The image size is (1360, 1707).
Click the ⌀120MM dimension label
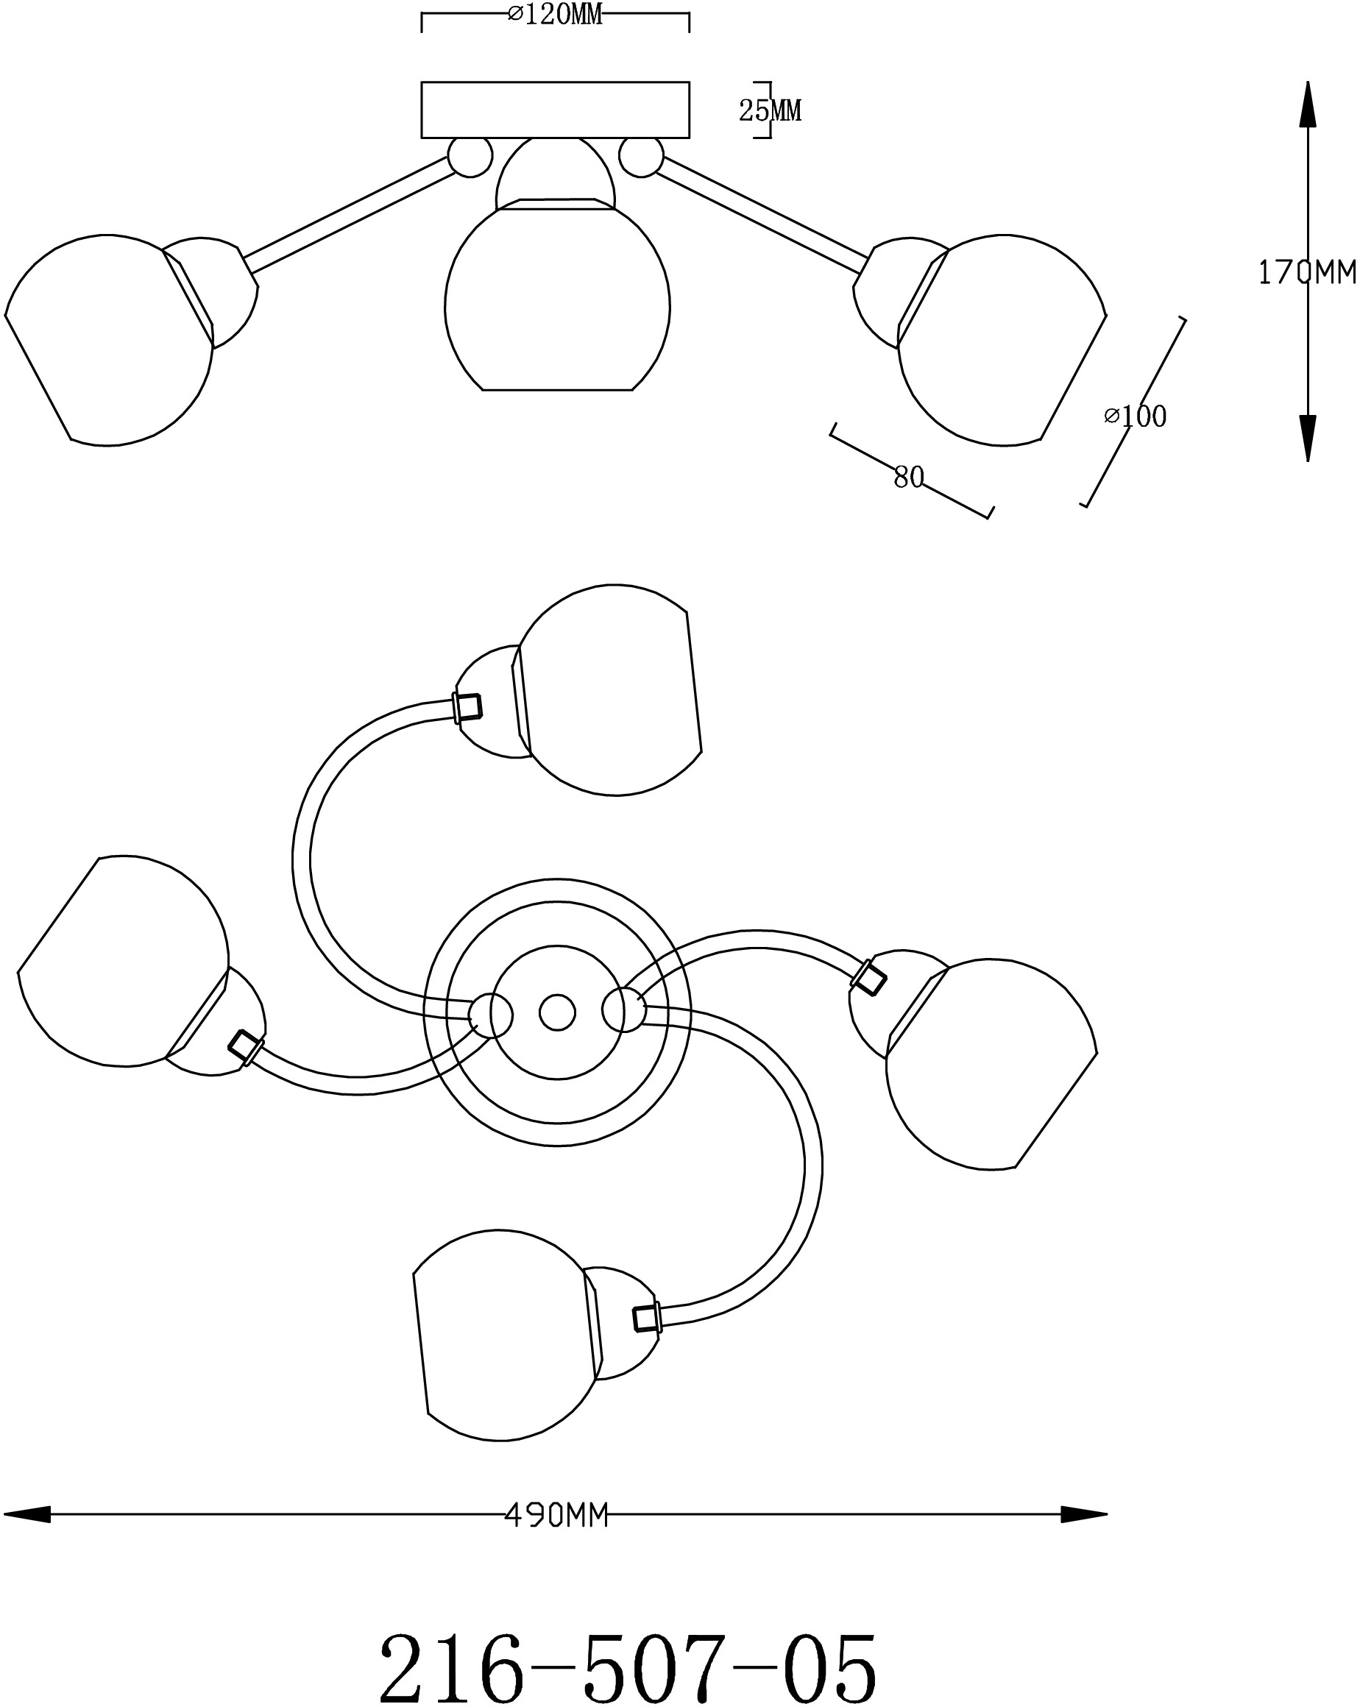[554, 14]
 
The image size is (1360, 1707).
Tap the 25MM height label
[770, 111]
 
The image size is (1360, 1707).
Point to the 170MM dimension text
[1308, 273]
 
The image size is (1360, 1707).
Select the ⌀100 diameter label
[1135, 416]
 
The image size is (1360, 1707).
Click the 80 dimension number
[909, 478]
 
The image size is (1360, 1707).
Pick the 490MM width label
[556, 1516]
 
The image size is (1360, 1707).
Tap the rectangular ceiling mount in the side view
[554, 109]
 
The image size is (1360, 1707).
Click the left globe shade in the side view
[108, 341]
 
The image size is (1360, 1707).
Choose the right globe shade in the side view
[1002, 341]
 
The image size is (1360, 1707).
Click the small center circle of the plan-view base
[557, 1012]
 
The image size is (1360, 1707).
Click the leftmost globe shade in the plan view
[124, 961]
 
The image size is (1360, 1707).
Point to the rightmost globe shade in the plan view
[991, 1064]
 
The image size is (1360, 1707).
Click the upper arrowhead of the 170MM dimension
[1308, 104]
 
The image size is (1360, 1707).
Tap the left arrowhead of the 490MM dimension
[27, 1516]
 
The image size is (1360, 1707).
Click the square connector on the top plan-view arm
[467, 706]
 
